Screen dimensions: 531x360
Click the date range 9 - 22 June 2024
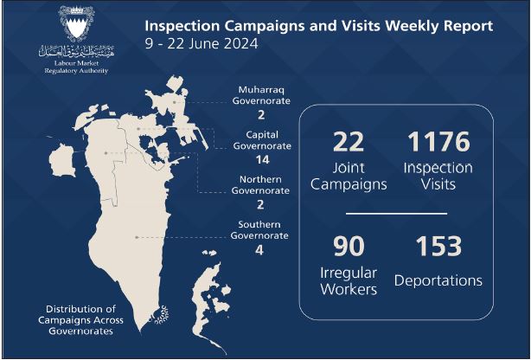202,44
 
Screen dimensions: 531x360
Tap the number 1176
438,142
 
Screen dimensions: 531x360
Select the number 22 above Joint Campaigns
349,142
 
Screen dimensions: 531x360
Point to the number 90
349,246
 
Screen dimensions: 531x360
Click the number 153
438,246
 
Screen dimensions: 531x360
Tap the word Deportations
438,280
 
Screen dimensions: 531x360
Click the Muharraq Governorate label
261,95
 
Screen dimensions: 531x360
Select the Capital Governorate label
262,140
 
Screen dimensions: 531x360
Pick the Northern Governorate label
260,185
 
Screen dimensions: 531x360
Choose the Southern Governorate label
259,230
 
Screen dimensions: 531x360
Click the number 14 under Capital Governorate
262,159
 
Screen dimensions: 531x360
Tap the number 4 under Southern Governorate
259,250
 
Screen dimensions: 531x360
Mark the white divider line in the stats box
396,214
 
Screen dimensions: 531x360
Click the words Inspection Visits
438,177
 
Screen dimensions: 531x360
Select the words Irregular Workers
349,281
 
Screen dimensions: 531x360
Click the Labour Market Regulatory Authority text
76,67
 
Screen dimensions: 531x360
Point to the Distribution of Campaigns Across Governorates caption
80,320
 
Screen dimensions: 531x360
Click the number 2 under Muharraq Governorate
261,115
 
